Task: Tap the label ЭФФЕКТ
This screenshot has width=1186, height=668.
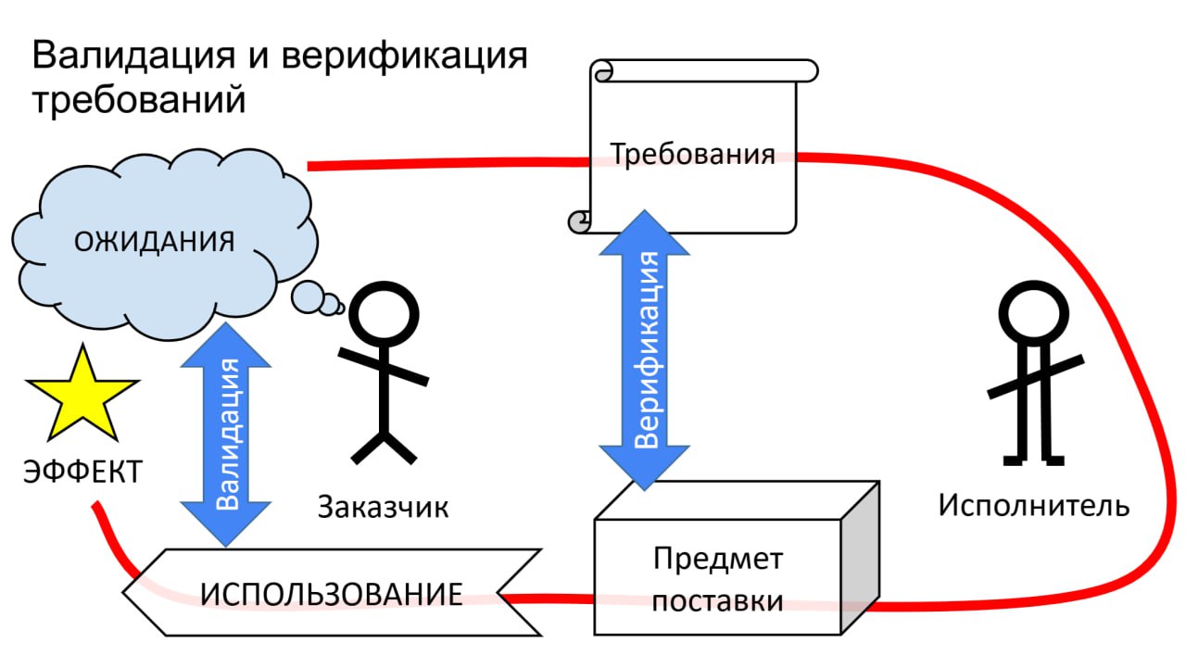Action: point(82,472)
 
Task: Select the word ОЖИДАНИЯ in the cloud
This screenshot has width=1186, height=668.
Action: point(154,242)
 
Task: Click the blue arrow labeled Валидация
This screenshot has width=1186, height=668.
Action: point(226,432)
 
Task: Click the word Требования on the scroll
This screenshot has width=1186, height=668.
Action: point(692,154)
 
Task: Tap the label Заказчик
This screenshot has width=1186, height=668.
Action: point(383,507)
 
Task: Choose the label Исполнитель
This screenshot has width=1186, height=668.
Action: point(1034,506)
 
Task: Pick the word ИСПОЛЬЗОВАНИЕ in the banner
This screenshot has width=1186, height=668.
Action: point(332,594)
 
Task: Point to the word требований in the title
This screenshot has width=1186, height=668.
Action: point(139,100)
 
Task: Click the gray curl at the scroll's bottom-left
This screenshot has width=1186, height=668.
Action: point(579,221)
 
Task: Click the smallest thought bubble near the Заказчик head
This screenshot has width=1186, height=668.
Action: point(340,309)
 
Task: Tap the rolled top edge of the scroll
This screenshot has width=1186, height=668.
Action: point(704,70)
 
